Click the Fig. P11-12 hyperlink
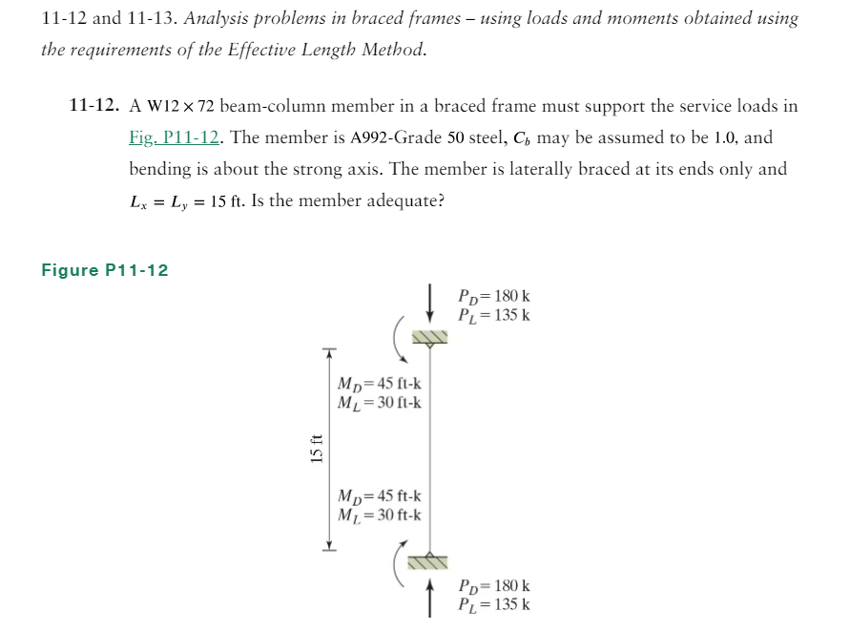pyautogui.click(x=175, y=137)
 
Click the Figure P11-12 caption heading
pyautogui.click(x=105, y=270)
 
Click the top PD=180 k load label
pyautogui.click(x=494, y=296)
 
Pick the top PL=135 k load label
pyautogui.click(x=494, y=314)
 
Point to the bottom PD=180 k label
pyautogui.click(x=494, y=585)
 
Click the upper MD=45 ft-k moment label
pyautogui.click(x=380, y=384)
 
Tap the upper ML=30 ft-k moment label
pyautogui.click(x=380, y=402)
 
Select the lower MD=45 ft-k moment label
pyautogui.click(x=380, y=496)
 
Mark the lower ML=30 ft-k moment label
pyautogui.click(x=380, y=515)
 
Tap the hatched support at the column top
pyautogui.click(x=431, y=338)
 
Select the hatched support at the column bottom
pyautogui.click(x=431, y=560)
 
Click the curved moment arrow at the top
pyautogui.click(x=399, y=340)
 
